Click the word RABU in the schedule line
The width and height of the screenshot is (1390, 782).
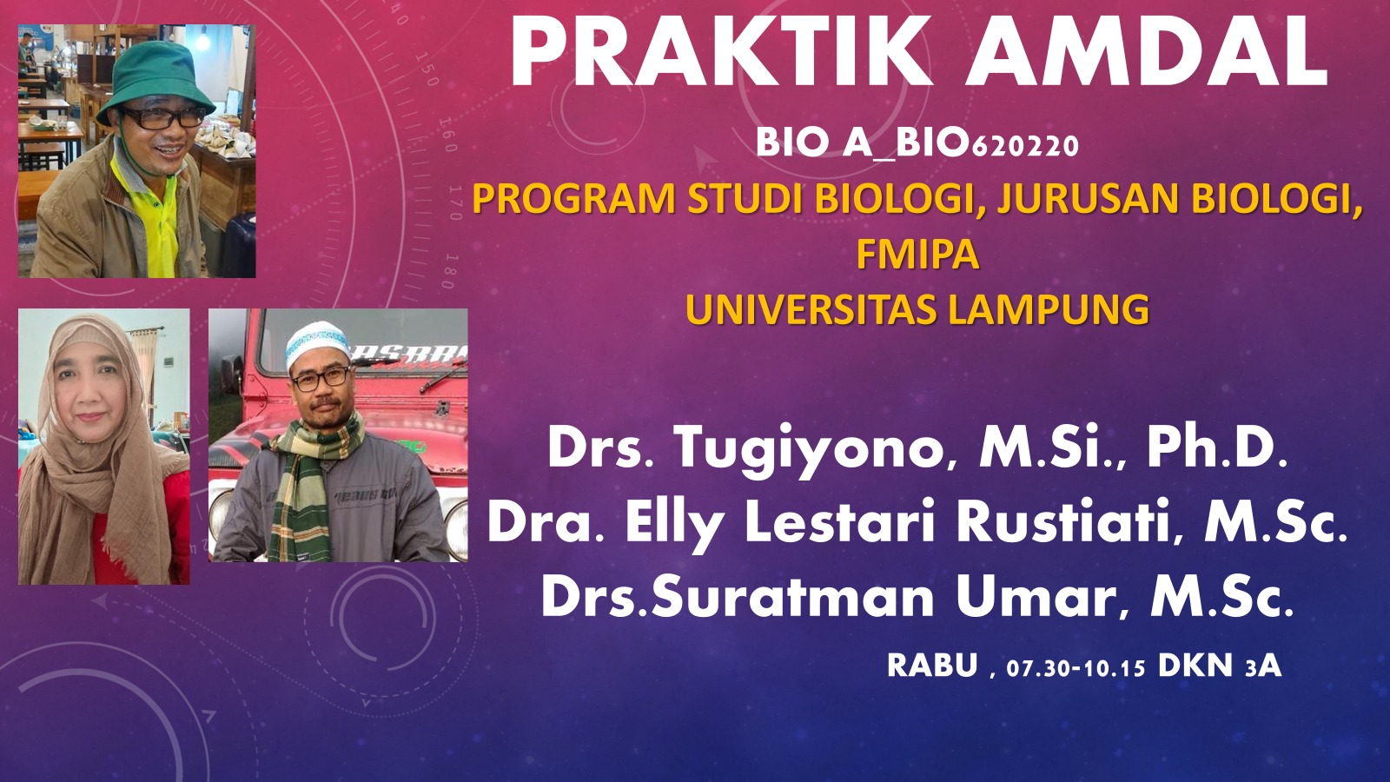coord(933,666)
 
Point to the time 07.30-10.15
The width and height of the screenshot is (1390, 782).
coord(1076,668)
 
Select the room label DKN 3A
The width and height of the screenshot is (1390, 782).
coord(1220,666)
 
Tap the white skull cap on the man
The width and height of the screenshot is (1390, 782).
coord(317,342)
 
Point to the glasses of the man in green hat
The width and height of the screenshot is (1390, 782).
coord(163,117)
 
